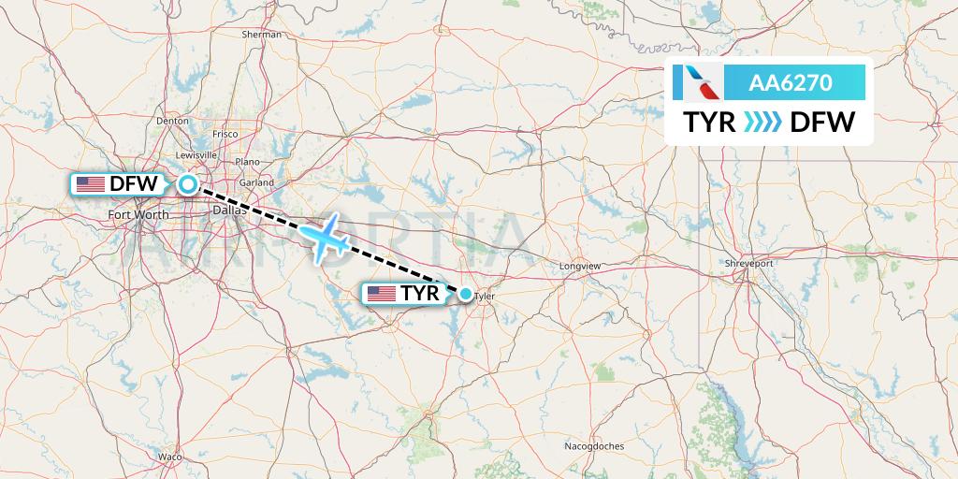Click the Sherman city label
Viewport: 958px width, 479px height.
tap(262, 35)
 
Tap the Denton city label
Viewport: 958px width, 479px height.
tap(173, 121)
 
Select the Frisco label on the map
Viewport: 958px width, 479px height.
tap(225, 134)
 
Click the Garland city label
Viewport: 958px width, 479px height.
tap(255, 182)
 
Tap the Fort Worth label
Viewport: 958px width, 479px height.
tap(138, 215)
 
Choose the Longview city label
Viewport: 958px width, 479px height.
tap(580, 267)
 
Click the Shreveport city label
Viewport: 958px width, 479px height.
tap(749, 264)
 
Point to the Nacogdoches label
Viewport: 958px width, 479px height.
tap(595, 446)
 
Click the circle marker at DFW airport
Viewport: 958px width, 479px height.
tap(188, 184)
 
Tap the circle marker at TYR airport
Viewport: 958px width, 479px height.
tap(466, 295)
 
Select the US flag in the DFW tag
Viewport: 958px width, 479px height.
tap(91, 184)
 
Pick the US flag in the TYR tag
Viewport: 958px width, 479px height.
tap(382, 295)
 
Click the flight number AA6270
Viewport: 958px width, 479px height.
tap(791, 83)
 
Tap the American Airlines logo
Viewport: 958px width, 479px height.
tap(698, 83)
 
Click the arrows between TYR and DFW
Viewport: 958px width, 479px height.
tap(762, 123)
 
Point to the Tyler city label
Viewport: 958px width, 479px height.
tap(484, 298)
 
